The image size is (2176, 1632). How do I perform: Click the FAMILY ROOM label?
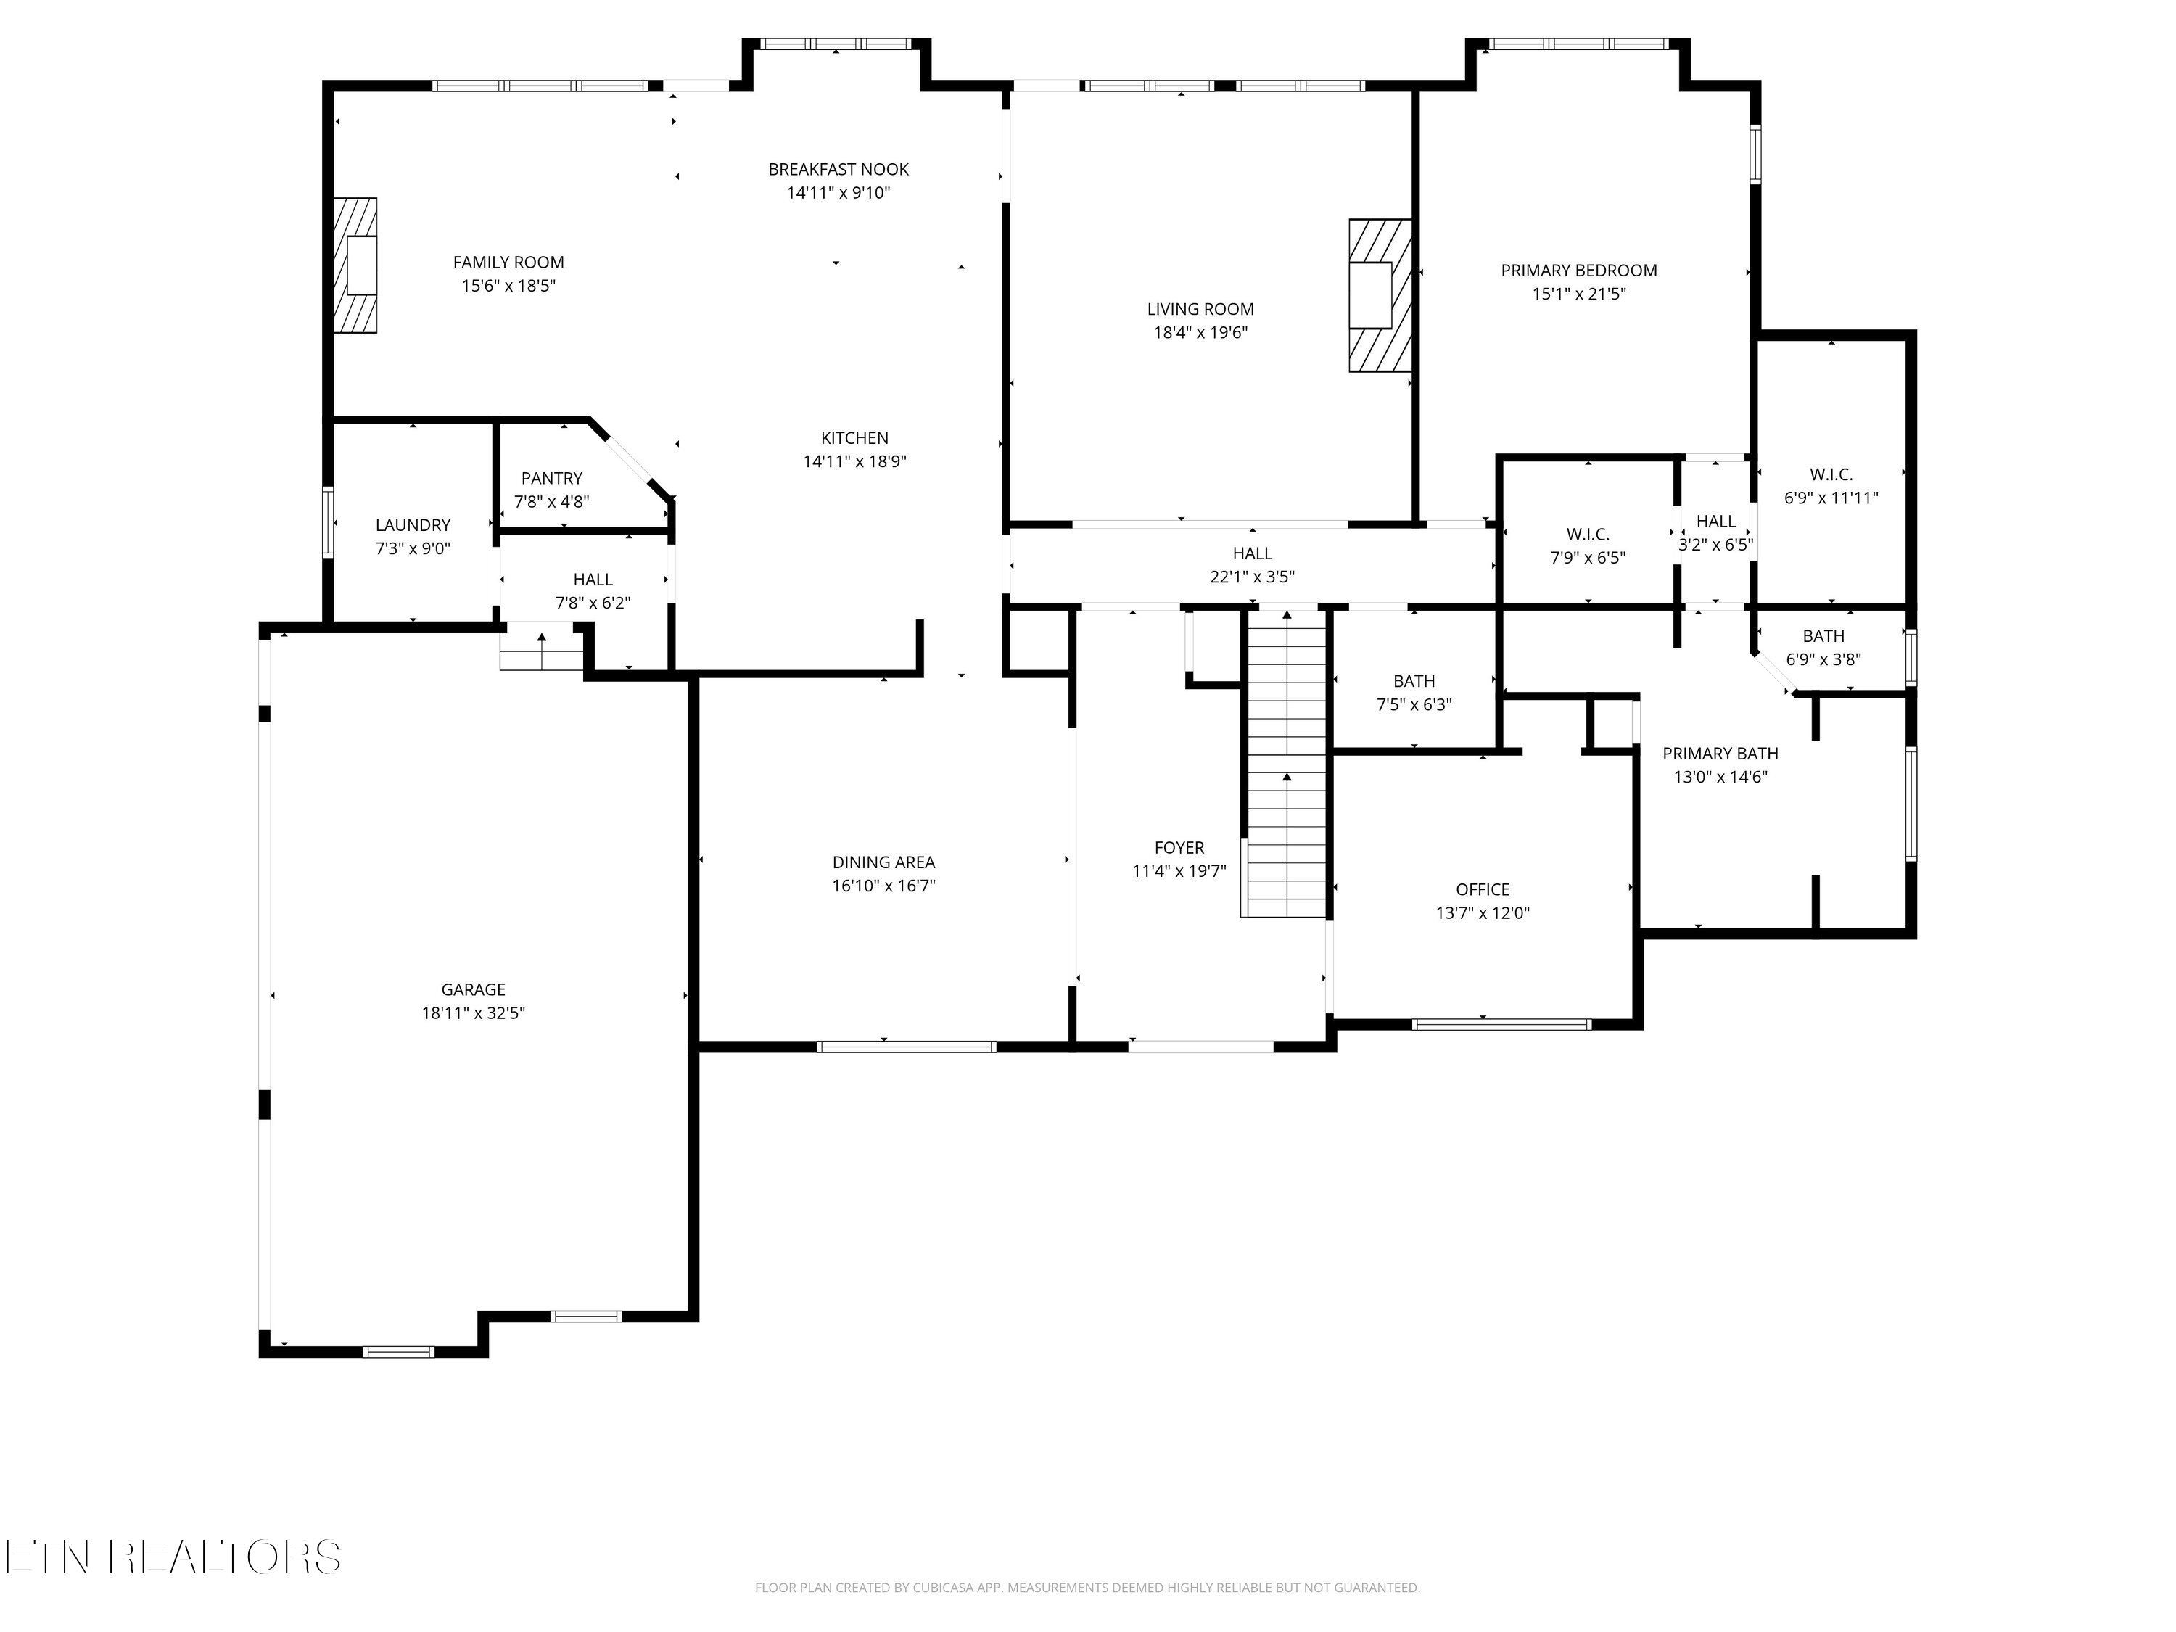508,263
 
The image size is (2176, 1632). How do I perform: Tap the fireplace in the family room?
355,265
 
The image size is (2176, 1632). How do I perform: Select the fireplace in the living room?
1379,295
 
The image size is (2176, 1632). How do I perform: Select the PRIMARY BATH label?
1720,754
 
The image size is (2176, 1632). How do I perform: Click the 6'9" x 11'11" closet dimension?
1831,498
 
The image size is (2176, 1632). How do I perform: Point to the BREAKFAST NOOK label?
838,169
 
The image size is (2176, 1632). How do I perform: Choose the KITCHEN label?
854,438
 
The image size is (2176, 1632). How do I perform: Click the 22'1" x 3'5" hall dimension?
1251,577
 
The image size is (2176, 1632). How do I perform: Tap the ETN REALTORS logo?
172,1557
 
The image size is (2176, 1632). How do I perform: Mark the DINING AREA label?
883,862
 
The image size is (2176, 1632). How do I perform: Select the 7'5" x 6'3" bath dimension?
1414,704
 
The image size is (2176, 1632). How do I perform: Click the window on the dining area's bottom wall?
906,1047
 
